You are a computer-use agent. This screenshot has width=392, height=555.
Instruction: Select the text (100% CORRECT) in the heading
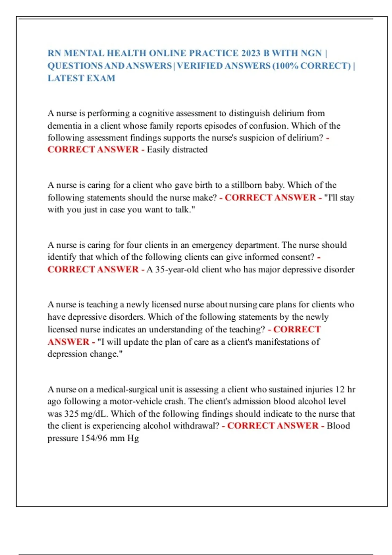pyautogui.click(x=312, y=66)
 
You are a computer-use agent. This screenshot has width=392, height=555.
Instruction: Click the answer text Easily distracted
pyautogui.click(x=177, y=150)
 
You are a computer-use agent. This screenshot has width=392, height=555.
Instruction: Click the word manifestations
pyautogui.click(x=283, y=342)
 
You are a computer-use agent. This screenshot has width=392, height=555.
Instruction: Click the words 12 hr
pyautogui.click(x=345, y=389)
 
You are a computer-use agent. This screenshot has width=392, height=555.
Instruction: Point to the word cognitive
pyautogui.click(x=156, y=113)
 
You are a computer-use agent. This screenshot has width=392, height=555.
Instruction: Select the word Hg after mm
pyautogui.click(x=133, y=438)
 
